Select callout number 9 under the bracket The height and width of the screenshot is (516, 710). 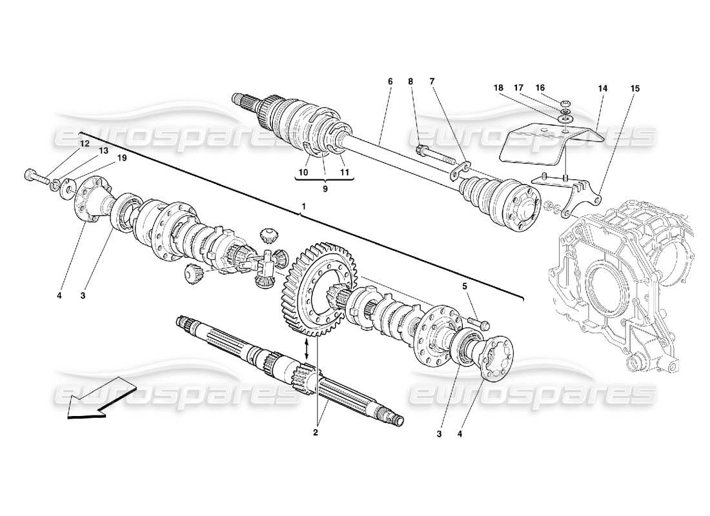tap(325, 189)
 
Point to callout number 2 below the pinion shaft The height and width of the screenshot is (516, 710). tap(316, 433)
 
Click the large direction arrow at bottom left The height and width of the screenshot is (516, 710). tap(100, 401)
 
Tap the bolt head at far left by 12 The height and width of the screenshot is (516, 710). tap(30, 174)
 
